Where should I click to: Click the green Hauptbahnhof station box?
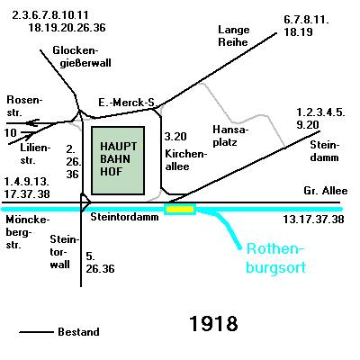click(118, 160)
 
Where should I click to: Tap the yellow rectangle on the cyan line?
click(180, 209)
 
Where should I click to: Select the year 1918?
click(213, 324)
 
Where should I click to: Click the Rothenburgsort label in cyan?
click(275, 258)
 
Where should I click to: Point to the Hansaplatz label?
click(230, 136)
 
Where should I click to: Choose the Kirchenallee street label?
click(186, 160)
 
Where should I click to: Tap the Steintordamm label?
click(124, 217)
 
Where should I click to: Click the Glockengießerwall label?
click(82, 57)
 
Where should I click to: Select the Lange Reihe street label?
click(233, 36)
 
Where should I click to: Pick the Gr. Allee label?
click(326, 191)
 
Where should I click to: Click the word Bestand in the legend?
click(78, 332)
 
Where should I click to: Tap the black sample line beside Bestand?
click(36, 332)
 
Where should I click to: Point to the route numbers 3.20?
click(175, 137)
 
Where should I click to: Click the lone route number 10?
click(11, 132)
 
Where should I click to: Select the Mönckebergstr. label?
click(28, 232)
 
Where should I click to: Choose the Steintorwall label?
click(64, 252)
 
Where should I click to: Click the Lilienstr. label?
click(35, 154)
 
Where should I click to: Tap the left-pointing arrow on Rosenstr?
click(32, 123)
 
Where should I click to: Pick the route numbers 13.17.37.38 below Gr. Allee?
click(313, 220)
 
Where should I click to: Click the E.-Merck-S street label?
click(126, 103)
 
